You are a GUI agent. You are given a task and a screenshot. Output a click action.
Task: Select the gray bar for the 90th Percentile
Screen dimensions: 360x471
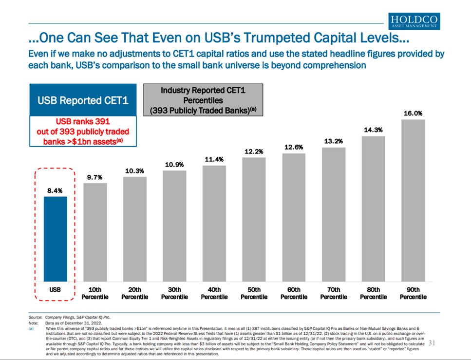(x=413, y=200)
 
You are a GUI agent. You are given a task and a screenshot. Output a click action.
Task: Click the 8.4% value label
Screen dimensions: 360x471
(x=55, y=191)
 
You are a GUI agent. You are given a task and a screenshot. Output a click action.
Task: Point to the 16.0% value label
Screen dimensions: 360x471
(x=413, y=114)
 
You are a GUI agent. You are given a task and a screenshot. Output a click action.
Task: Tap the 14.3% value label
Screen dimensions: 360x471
(x=373, y=130)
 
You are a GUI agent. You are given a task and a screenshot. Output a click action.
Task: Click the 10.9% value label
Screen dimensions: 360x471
(x=174, y=165)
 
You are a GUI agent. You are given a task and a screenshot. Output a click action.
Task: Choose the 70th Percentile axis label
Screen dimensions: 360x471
(x=334, y=293)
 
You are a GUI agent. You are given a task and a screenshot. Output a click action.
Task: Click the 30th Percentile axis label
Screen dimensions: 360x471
(x=174, y=293)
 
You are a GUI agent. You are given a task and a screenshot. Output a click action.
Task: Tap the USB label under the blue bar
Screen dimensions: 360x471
(x=55, y=290)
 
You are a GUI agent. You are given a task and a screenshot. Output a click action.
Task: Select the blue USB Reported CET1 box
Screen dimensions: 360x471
(x=83, y=100)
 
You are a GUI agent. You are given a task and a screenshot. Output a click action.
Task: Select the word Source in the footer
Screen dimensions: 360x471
(x=36, y=316)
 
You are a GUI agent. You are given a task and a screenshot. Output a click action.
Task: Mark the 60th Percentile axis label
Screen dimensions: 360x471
(x=294, y=293)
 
